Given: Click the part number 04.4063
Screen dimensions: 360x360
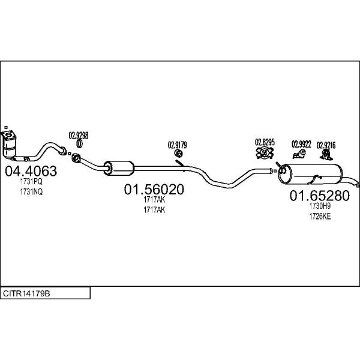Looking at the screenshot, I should tap(31, 172).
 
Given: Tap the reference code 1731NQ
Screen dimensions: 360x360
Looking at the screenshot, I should tap(31, 191).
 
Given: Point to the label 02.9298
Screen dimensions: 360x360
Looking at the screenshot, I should tap(79, 135).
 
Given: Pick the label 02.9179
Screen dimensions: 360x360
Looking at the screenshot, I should tap(177, 144).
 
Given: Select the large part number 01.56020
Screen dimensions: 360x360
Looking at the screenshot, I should tap(154, 190).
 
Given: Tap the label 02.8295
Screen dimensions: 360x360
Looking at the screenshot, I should tap(265, 142).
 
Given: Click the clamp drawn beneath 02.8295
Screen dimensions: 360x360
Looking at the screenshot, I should tap(265, 154).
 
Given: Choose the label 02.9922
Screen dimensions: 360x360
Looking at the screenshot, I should tap(302, 144).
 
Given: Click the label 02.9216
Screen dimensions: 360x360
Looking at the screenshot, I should tap(326, 145).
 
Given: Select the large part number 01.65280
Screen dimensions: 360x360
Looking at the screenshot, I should tap(319, 196).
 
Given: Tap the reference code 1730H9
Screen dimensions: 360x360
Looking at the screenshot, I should tap(320, 206).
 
